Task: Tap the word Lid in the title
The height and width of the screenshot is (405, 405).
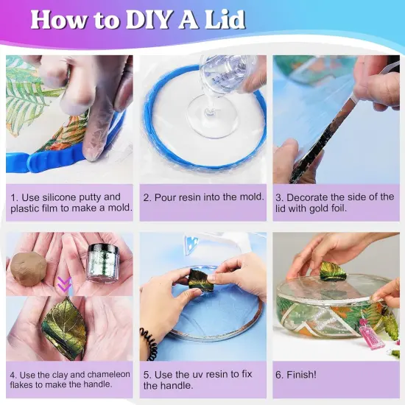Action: pyautogui.click(x=226, y=19)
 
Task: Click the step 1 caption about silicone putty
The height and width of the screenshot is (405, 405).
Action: pyautogui.click(x=70, y=202)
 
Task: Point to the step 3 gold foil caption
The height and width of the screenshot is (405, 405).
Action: pyautogui.click(x=335, y=202)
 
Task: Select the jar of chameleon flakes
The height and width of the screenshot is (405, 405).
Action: pyautogui.click(x=102, y=262)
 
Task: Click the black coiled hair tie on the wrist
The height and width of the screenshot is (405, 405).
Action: pyautogui.click(x=149, y=344)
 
